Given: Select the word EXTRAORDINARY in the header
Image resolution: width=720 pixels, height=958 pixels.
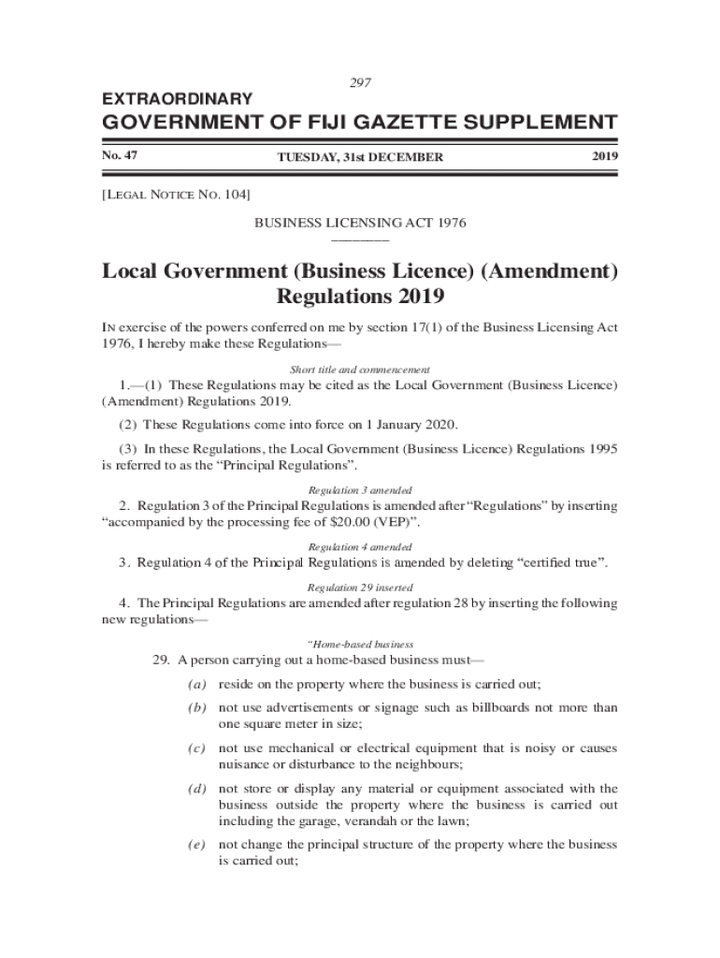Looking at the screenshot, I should pos(177,98).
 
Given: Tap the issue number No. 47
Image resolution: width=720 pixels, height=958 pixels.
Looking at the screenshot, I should pos(120,155).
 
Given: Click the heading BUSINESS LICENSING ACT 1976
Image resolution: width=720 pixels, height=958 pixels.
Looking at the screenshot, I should pos(361,223).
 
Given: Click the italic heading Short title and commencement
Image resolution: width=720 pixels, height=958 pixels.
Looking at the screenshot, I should pos(360,370).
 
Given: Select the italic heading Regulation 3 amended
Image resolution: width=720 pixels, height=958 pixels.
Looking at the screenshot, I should pos(360,490).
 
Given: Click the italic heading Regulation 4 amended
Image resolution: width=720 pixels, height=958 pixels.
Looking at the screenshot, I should pos(360,546).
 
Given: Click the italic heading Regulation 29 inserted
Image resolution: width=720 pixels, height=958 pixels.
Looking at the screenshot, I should pos(360,588).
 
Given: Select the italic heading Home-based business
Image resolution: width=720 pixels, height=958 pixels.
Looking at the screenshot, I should pos(360,645).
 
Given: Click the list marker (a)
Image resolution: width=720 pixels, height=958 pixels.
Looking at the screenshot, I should pos(196,684).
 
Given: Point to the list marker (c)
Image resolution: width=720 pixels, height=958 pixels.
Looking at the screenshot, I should pos(196,748).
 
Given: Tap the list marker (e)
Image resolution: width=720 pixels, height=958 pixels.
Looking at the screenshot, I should pos(196,845).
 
